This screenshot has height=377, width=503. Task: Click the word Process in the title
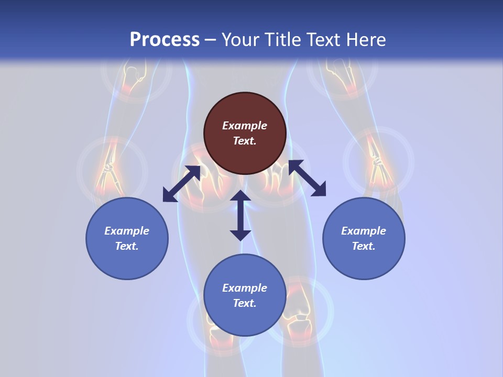click(165, 40)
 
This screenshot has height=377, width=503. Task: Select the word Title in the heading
click(285, 40)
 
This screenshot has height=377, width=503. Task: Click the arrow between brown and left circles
click(181, 184)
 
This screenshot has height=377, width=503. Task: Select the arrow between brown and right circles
click(307, 178)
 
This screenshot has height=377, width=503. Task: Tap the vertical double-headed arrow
click(240, 215)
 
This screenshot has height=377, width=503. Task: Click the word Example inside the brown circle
click(245, 126)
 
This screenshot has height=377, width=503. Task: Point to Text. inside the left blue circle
click(127, 246)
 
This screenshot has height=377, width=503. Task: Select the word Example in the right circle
click(364, 231)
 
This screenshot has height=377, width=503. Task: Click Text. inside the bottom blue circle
click(245, 303)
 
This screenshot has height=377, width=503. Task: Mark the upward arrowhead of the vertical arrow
click(240, 196)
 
